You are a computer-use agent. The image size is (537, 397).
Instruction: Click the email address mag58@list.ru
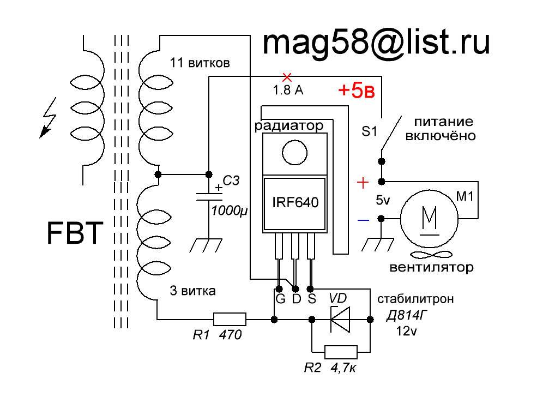[x=376, y=44]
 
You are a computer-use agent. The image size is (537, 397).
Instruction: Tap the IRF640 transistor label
[x=295, y=202]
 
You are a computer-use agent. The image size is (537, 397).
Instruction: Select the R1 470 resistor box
[x=230, y=319]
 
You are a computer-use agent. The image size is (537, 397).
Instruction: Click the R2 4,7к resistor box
[x=341, y=352]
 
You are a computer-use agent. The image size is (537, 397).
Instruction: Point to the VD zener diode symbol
[x=340, y=320]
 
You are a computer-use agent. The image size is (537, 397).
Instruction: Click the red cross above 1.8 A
[x=287, y=77]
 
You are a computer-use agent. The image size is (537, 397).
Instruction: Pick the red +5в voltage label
[x=356, y=90]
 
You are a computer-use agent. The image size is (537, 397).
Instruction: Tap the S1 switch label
[x=369, y=131]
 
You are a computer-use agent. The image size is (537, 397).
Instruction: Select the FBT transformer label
[x=75, y=233]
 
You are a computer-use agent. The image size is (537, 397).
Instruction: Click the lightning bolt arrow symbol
[x=48, y=118]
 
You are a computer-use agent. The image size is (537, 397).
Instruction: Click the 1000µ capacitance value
[x=229, y=210]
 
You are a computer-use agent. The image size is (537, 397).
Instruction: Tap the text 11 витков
[x=200, y=63]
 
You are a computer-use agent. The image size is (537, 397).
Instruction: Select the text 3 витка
[x=193, y=291]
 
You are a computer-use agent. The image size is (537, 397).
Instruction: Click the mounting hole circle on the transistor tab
[x=294, y=153]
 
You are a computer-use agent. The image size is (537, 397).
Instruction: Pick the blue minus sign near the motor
[x=364, y=220]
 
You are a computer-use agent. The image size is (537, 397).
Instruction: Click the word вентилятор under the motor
[x=432, y=267]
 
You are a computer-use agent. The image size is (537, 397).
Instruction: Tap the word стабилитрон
[x=415, y=299]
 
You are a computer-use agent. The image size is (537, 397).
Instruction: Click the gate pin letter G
[x=280, y=299]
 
